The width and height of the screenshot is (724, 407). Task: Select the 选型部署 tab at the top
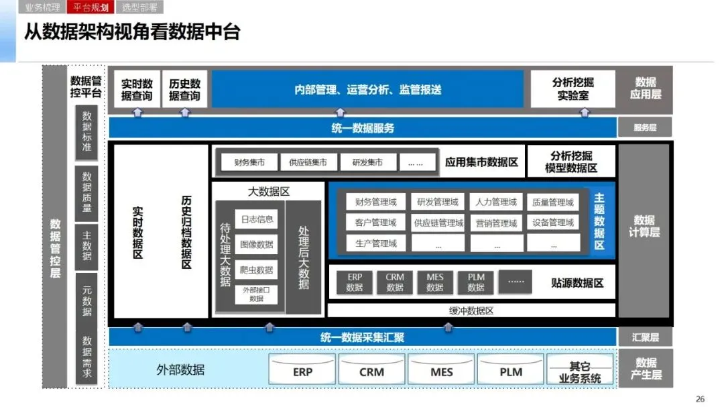point(140,7)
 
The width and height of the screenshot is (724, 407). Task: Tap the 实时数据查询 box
point(137,90)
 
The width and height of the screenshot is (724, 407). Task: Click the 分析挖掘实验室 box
point(573,89)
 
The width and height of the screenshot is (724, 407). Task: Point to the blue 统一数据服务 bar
point(363,128)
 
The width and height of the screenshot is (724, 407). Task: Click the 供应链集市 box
point(308,162)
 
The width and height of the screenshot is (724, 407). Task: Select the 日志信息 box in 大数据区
point(256,219)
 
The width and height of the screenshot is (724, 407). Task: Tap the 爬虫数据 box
point(256,270)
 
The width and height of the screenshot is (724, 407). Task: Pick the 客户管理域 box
point(371,223)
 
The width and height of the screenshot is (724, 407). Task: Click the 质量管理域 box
point(553,202)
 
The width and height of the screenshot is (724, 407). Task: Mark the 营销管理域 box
point(496,223)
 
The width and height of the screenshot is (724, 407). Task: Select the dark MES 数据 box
point(435,282)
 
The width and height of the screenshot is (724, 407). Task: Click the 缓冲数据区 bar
point(471,310)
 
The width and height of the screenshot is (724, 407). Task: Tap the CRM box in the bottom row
point(371,371)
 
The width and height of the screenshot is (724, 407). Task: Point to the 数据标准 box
point(87,131)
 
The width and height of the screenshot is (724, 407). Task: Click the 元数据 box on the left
point(87,300)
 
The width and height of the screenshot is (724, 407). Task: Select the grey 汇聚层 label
point(645,337)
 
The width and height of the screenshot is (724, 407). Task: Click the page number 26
point(700,399)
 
